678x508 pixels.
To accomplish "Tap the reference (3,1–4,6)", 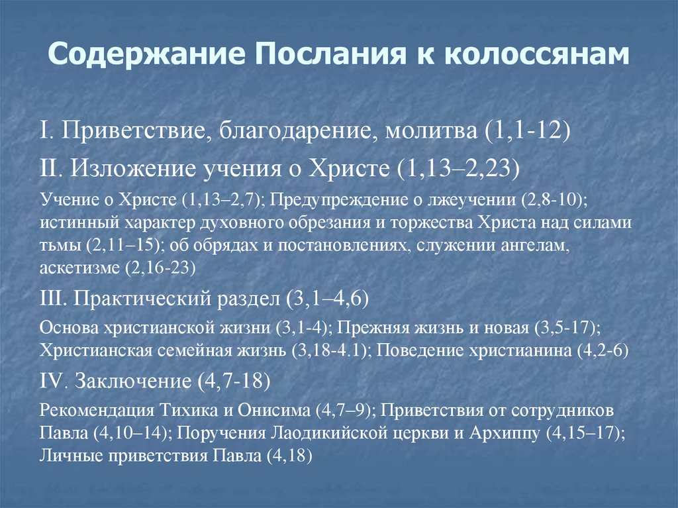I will pos(327,299).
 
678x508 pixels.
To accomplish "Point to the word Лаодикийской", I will pos(328,434).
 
